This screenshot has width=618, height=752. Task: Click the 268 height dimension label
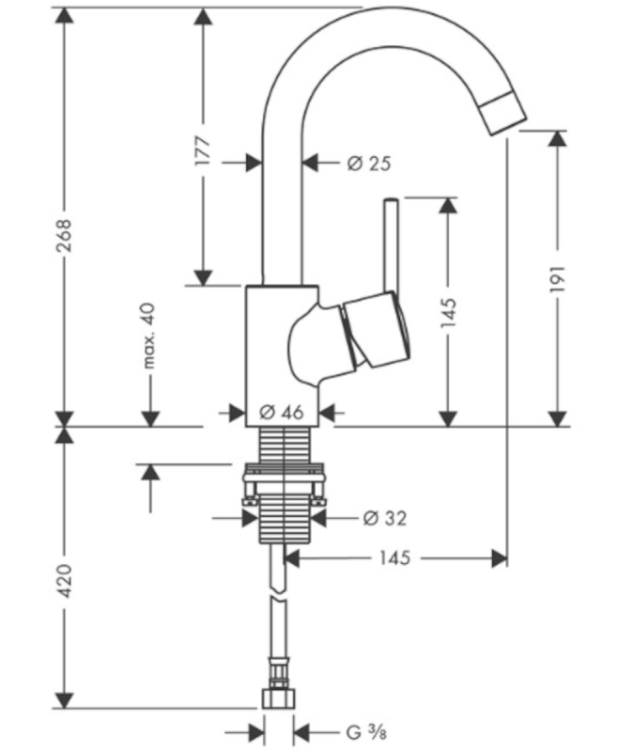click(x=64, y=235)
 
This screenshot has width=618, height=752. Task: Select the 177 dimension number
click(x=203, y=151)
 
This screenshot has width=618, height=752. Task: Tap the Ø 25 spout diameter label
click(x=369, y=163)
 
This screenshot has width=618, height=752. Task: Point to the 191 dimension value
click(x=558, y=278)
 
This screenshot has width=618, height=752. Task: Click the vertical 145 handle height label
click(x=448, y=312)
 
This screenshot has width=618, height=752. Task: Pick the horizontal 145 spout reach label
click(x=394, y=557)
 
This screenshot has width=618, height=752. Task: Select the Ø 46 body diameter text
click(x=282, y=412)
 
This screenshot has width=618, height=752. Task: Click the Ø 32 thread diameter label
click(x=385, y=518)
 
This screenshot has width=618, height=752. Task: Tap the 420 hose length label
click(x=64, y=581)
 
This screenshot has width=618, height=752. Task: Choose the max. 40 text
click(x=149, y=336)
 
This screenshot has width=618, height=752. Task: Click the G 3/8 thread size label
click(x=366, y=732)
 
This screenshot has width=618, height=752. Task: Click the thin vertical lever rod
click(x=391, y=244)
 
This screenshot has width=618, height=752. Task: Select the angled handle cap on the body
click(x=376, y=331)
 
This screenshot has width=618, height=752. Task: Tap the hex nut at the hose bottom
click(x=278, y=698)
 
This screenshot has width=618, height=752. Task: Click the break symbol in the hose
click(x=278, y=595)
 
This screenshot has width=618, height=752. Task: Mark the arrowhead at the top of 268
click(x=64, y=17)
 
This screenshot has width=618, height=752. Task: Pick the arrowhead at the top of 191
click(x=558, y=139)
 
